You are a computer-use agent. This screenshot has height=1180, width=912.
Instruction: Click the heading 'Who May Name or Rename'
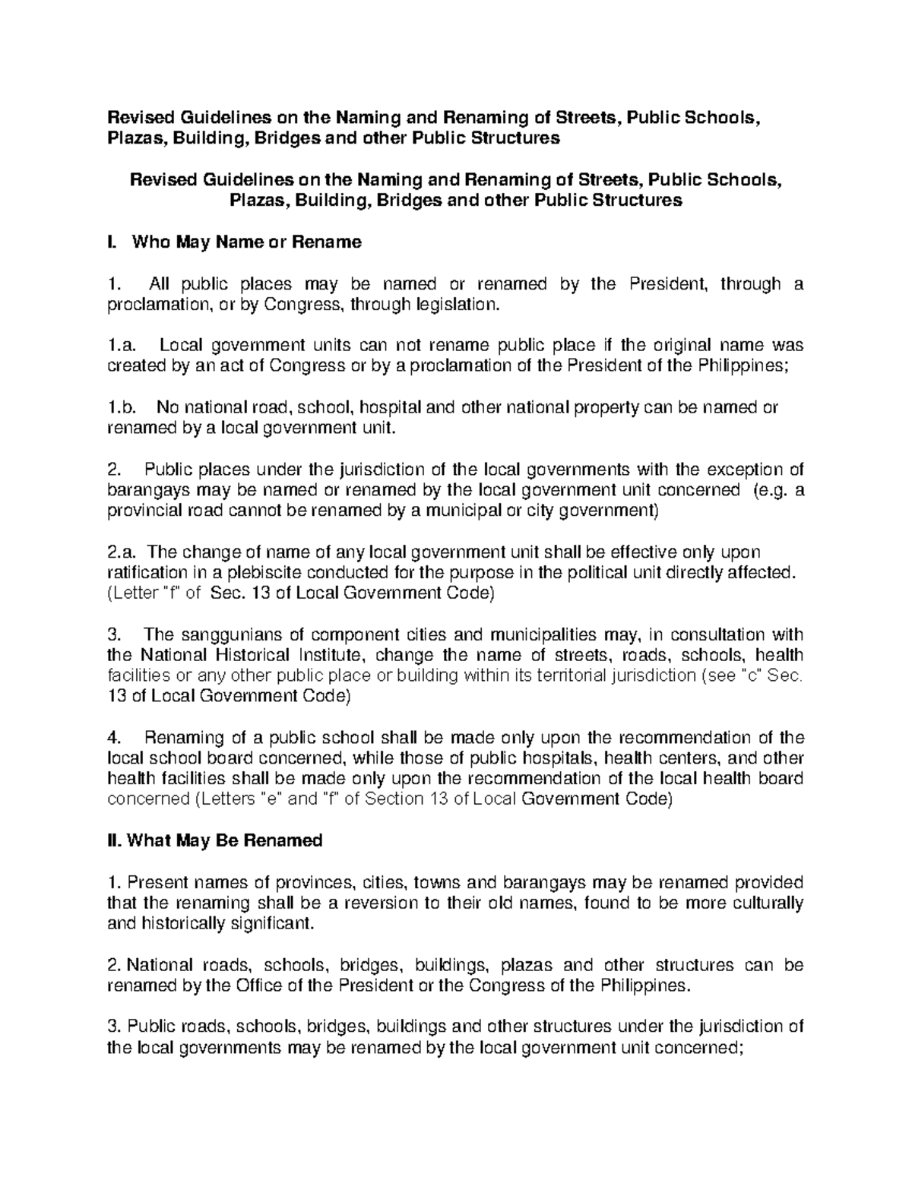[246, 243]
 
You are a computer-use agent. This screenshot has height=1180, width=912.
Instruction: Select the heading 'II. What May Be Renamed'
[215, 841]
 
